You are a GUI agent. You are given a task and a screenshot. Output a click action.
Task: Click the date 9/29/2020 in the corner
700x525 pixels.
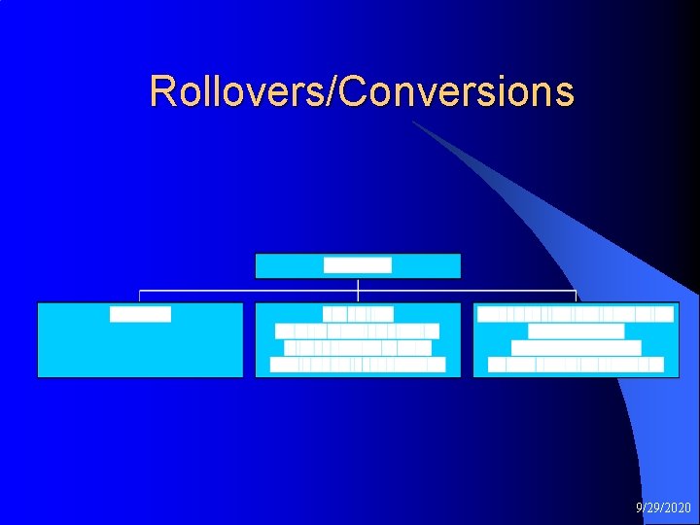coord(663,508)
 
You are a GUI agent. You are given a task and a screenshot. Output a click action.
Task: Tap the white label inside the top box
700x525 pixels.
coord(358,265)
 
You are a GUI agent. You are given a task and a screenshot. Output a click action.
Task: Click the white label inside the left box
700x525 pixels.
coord(140,314)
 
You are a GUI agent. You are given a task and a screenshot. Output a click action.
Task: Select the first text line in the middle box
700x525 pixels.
coord(358,314)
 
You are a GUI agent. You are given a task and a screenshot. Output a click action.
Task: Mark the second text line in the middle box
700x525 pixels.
coord(358,331)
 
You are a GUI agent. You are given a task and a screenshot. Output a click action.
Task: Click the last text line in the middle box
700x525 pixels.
coord(358,365)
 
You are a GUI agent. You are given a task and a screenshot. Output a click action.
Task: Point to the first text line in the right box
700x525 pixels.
coord(576,314)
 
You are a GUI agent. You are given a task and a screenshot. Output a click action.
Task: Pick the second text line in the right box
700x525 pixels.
coord(576,331)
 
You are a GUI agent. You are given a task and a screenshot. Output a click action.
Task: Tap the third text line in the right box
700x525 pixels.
coord(576,348)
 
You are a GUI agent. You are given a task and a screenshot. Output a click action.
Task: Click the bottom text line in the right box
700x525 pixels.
coord(576,365)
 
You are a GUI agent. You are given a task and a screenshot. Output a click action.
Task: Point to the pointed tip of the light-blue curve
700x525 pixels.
coord(414,122)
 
